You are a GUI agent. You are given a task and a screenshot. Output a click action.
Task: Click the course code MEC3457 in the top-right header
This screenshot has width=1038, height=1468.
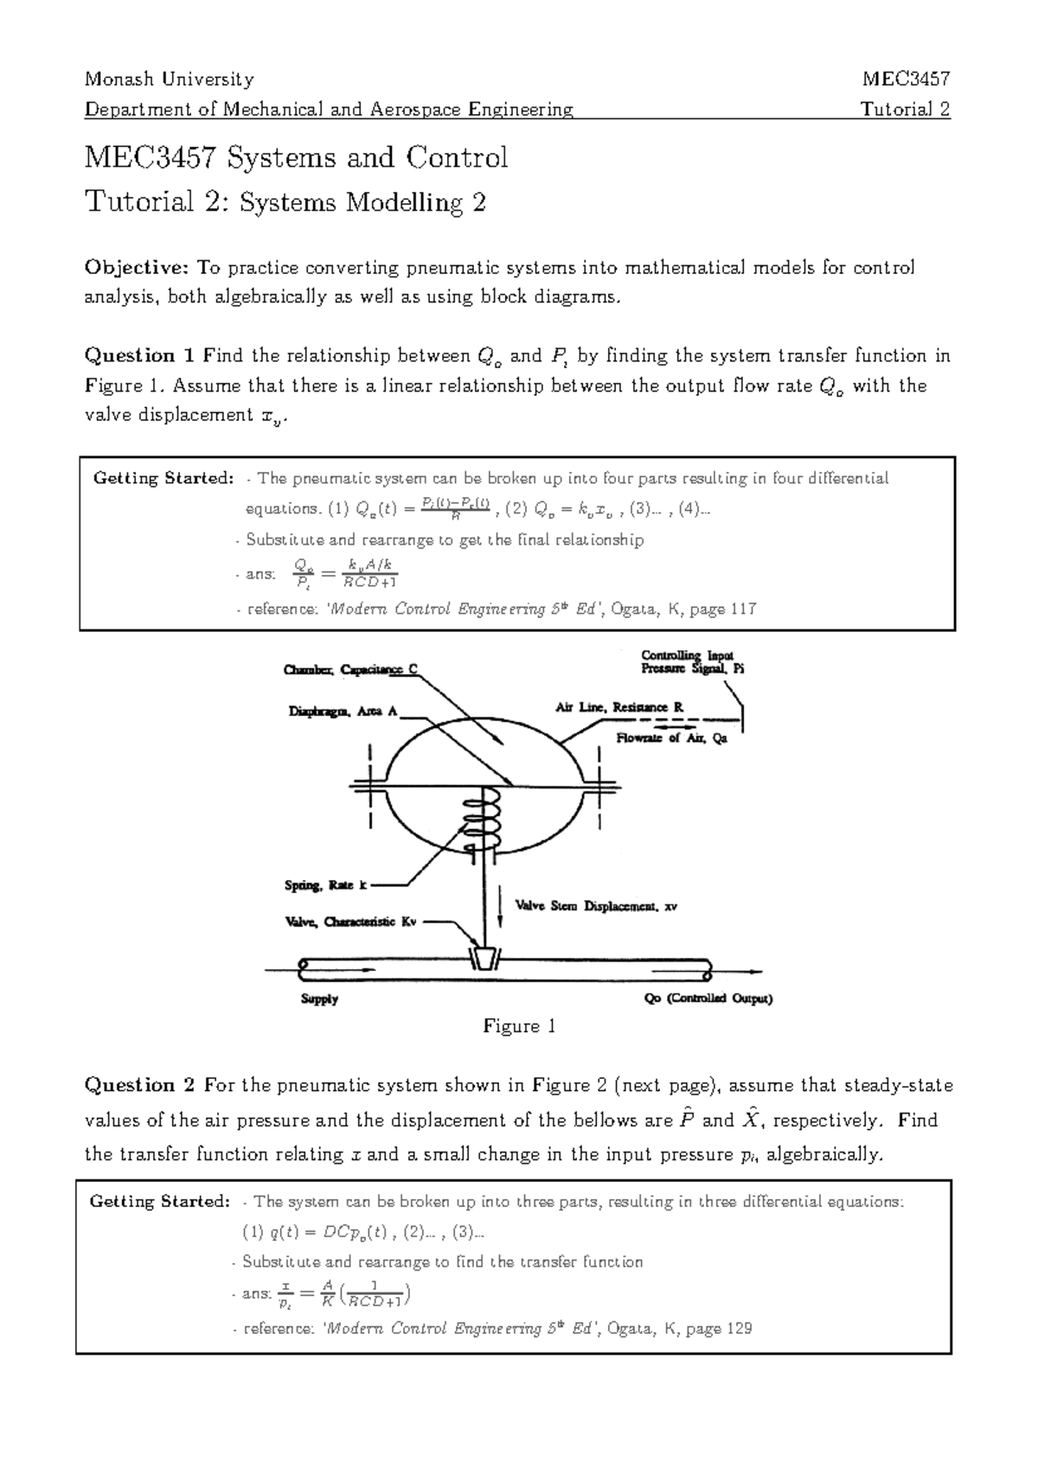[906, 80]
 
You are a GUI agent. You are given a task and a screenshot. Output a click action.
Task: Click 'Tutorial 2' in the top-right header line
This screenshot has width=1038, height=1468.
[905, 110]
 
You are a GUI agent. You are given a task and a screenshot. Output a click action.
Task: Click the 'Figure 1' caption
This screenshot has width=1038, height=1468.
[519, 1027]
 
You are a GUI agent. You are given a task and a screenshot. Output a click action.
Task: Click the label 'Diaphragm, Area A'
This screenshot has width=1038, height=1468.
[343, 712]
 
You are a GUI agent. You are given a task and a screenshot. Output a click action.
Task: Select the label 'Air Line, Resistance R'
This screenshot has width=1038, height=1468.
[618, 707]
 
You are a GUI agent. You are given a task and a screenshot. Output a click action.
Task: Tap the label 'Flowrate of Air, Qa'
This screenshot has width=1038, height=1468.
[671, 738]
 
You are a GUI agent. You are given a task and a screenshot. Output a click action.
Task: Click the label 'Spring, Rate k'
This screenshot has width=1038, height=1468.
[326, 885]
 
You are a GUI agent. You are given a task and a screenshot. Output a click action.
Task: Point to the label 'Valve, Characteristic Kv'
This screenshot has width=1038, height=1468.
[350, 922]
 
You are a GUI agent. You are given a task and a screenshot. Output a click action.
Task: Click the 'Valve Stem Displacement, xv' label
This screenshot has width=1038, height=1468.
[596, 907]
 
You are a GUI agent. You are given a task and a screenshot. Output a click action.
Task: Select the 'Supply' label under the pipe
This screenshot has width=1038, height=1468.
[319, 999]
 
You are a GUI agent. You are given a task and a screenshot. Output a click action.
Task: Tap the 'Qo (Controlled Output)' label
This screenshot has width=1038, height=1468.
[708, 999]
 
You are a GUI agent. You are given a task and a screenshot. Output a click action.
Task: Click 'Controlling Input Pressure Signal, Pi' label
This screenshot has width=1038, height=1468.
[692, 662]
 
